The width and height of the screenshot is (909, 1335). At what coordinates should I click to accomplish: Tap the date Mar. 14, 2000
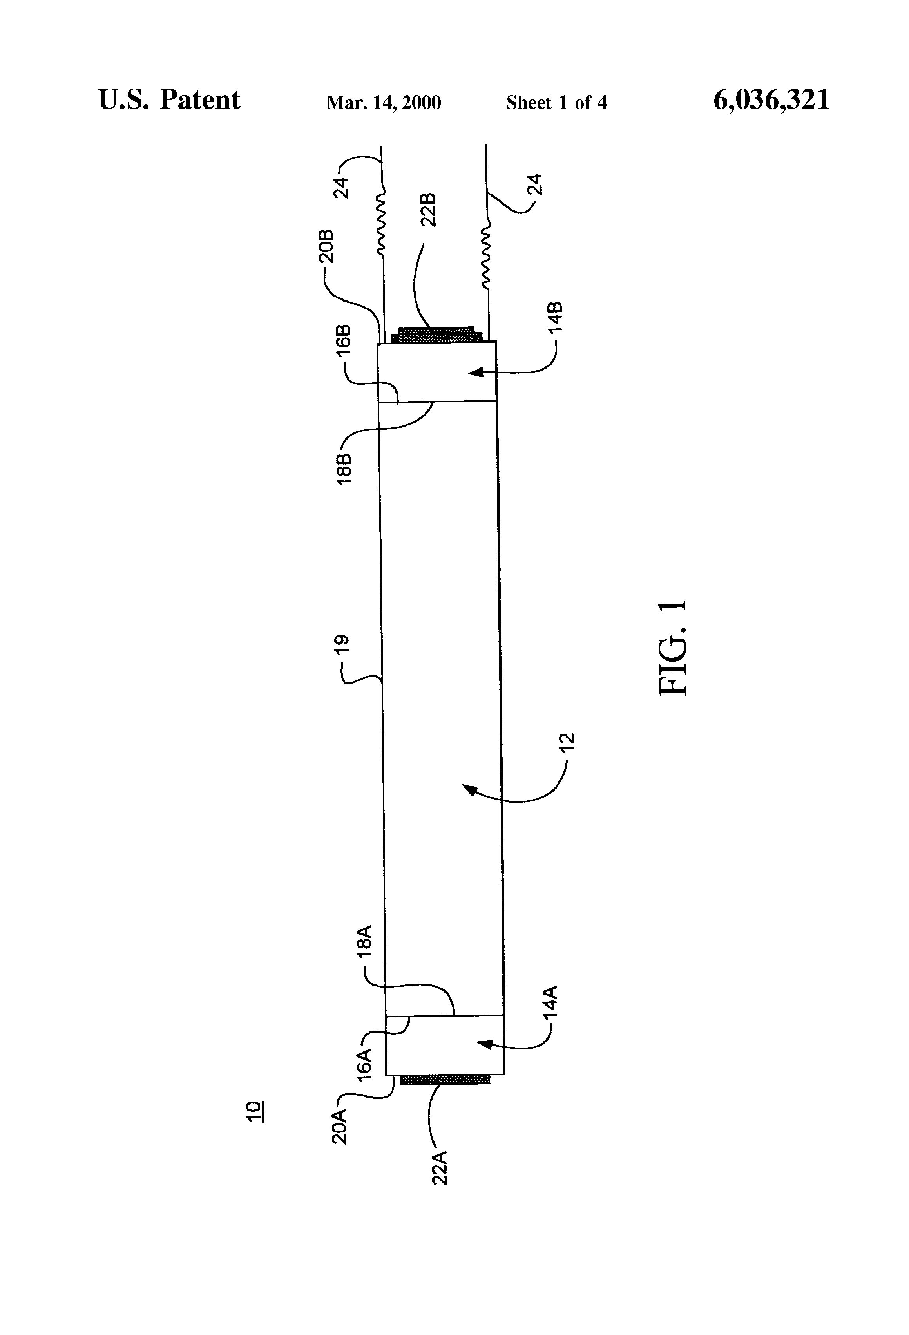coord(383,103)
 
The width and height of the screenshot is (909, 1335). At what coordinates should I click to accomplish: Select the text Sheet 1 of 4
coord(556,103)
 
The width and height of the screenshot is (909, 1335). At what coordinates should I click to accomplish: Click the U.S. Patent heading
coord(170,100)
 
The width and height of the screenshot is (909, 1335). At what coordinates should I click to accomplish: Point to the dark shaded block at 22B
coord(435,334)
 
